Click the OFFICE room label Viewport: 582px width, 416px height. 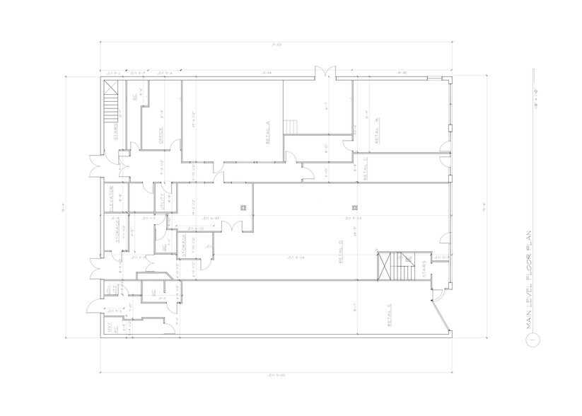pos(161,134)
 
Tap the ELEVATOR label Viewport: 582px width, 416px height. pos(112,199)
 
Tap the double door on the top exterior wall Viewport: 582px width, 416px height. pos(326,73)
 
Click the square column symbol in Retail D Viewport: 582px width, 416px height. pos(356,207)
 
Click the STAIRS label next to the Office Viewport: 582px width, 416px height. pos(116,132)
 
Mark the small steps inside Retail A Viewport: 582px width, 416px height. pos(291,125)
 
